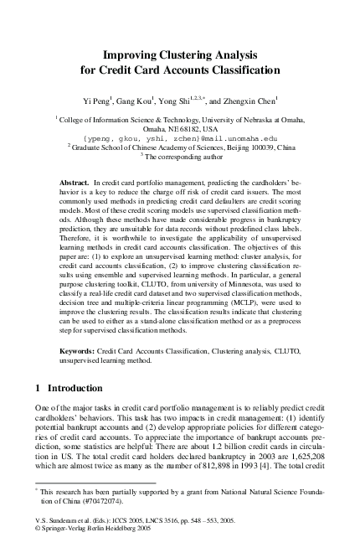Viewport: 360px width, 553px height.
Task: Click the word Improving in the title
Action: pos(139,52)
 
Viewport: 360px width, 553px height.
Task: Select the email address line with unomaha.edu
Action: pos(180,139)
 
